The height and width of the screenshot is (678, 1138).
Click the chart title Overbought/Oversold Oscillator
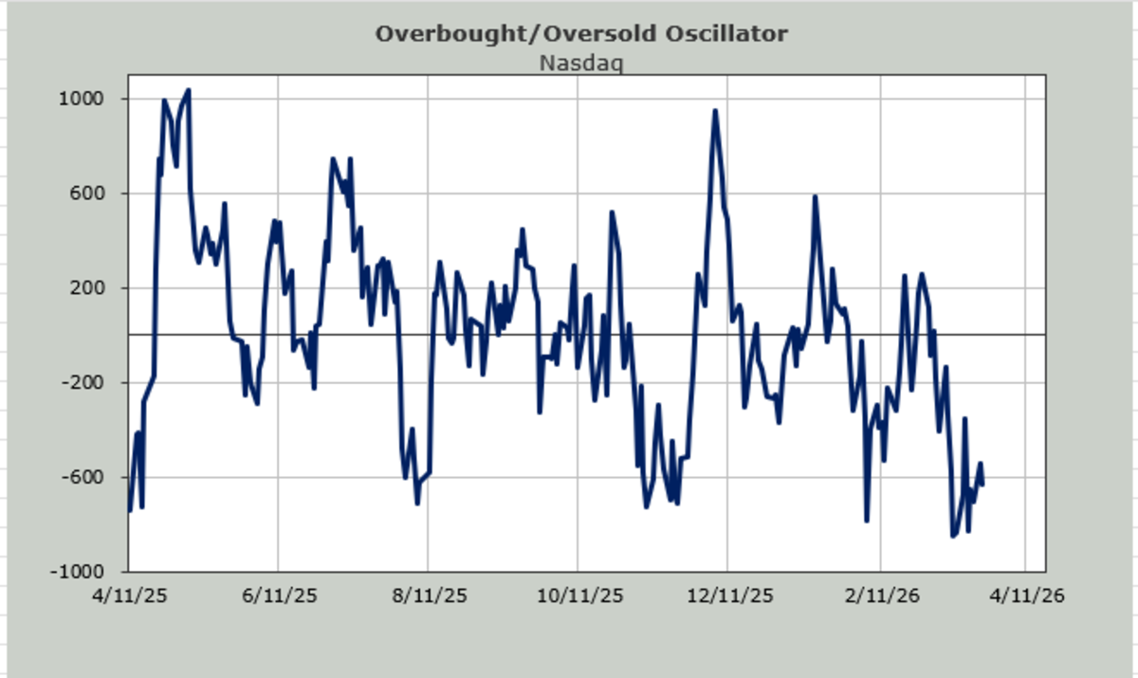click(x=581, y=34)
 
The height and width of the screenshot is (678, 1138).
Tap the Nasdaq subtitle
click(x=581, y=64)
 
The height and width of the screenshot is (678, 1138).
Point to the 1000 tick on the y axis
click(x=84, y=99)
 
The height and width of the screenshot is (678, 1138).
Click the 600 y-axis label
click(x=89, y=193)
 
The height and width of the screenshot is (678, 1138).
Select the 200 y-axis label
click(x=89, y=288)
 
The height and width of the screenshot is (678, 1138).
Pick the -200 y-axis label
click(x=85, y=383)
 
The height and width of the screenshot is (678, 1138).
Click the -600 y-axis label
click(x=85, y=478)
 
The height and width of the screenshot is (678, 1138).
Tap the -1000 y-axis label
click(x=81, y=573)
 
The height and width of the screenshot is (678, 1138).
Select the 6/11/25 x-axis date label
click(x=278, y=598)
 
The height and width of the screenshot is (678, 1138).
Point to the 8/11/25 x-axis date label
click(x=429, y=598)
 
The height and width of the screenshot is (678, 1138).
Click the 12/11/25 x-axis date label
click(x=728, y=598)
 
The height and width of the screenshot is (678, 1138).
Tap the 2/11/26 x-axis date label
click(x=879, y=598)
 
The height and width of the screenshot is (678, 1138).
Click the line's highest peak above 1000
click(x=189, y=90)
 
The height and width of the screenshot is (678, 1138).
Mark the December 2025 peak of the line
click(x=715, y=110)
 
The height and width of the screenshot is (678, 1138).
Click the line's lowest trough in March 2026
click(x=953, y=537)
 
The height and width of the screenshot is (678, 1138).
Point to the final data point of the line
click(x=982, y=486)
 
